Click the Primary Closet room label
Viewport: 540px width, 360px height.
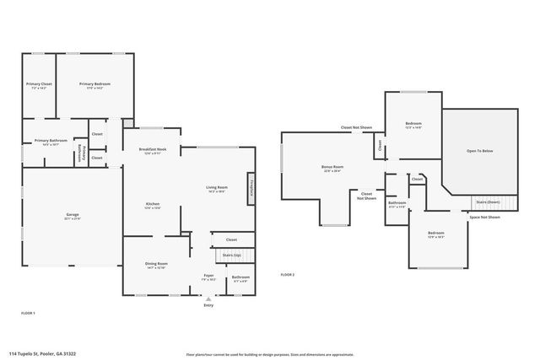coord(39,85)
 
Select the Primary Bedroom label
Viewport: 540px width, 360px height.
coord(94,85)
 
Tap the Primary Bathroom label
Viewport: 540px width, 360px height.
coord(51,142)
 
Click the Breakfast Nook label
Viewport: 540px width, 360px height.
coord(153,150)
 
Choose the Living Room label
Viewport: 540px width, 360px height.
coord(218,188)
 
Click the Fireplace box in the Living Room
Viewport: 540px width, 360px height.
coord(250,188)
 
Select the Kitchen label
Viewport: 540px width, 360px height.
coord(153,205)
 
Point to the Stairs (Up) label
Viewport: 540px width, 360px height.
coord(231,254)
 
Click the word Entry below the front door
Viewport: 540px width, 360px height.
coord(208,304)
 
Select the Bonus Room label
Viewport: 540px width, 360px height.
coord(332,168)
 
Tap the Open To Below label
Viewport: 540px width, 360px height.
coord(481,152)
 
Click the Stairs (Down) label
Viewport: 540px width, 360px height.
coord(489,202)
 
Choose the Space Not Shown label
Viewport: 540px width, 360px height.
coord(484,217)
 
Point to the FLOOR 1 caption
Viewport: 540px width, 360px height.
coord(28,313)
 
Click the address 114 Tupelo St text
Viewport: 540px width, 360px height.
coord(42,354)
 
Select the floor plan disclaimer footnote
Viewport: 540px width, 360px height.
coord(270,354)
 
